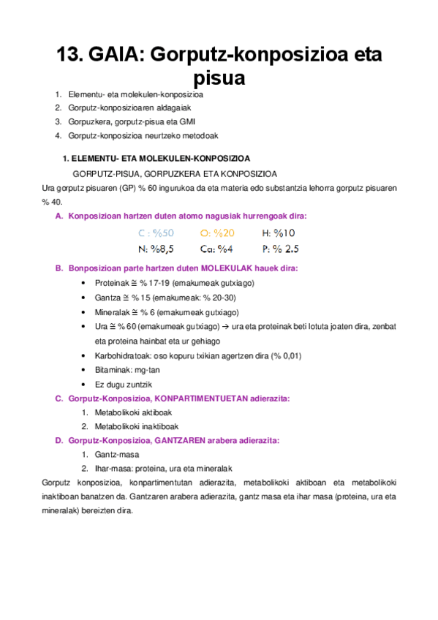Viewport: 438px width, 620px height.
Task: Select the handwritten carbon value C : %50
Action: pyautogui.click(x=156, y=233)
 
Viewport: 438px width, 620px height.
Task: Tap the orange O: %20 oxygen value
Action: pyautogui.click(x=216, y=233)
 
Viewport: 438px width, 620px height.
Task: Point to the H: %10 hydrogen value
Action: pyautogui.click(x=278, y=233)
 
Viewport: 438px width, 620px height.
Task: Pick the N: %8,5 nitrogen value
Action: pyautogui.click(x=156, y=249)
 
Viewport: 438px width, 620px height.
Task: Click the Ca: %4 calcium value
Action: pyautogui.click(x=216, y=249)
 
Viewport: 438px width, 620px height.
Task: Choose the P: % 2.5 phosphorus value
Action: pyautogui.click(x=280, y=249)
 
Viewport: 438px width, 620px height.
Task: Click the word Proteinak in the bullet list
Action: pyautogui.click(x=112, y=283)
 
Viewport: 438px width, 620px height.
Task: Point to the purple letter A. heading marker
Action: pyautogui.click(x=59, y=216)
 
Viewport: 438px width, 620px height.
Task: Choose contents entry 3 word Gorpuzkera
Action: pyautogui.click(x=88, y=121)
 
